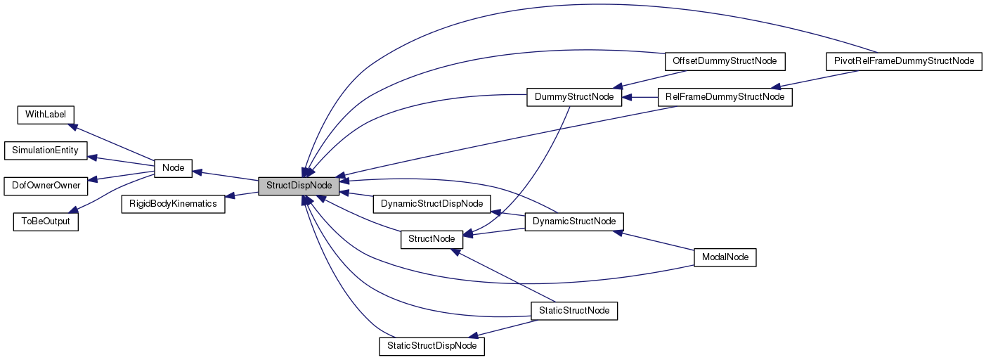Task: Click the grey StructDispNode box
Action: point(299,186)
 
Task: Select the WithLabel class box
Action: point(46,114)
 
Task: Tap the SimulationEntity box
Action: point(46,150)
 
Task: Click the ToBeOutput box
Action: point(46,221)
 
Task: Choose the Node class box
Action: point(173,168)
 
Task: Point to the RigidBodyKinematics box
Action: point(173,204)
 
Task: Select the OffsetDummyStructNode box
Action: point(724,61)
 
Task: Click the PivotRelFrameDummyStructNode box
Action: point(902,61)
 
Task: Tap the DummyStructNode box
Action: point(574,97)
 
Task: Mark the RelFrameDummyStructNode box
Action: point(724,97)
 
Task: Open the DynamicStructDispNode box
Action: point(432,204)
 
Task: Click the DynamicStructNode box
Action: point(574,221)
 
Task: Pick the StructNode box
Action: point(432,239)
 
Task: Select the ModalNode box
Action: point(724,257)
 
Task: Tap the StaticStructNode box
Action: point(574,310)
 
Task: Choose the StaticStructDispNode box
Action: point(432,346)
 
